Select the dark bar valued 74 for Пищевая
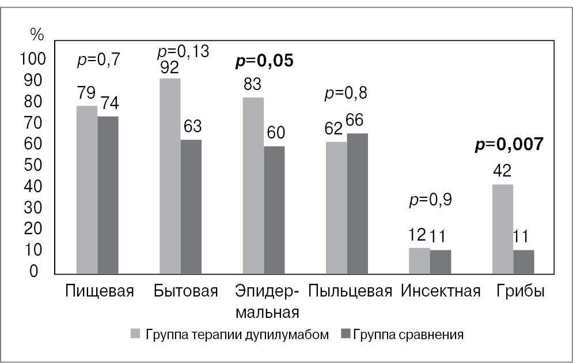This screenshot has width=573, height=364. [x=108, y=194]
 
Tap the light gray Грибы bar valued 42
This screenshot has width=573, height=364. [x=502, y=228]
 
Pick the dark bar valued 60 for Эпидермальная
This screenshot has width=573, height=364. [x=274, y=209]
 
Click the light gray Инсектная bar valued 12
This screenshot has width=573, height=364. [x=419, y=260]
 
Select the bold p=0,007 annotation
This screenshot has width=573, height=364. [x=509, y=144]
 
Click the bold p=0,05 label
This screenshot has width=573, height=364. [x=264, y=61]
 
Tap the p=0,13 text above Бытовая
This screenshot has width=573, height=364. [x=183, y=52]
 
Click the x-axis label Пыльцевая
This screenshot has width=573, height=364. [x=350, y=290]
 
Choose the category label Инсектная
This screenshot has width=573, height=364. [x=441, y=290]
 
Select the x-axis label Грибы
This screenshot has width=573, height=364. [x=521, y=290]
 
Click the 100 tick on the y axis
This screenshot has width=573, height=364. [x=32, y=59]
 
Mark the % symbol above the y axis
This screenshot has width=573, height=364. [x=36, y=35]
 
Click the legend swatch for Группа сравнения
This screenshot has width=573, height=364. [x=346, y=334]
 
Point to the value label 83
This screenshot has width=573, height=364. [x=253, y=84]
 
